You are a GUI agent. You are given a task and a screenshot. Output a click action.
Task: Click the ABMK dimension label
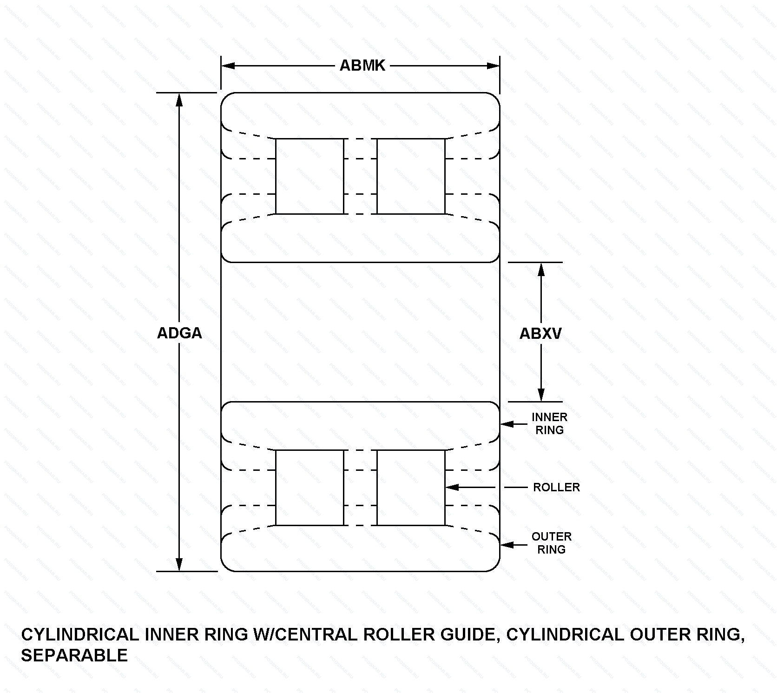(362, 66)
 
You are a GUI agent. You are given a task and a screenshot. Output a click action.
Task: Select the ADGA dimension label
(179, 333)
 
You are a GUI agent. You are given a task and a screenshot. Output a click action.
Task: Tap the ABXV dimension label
(540, 333)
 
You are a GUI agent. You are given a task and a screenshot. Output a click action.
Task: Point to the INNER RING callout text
(549, 423)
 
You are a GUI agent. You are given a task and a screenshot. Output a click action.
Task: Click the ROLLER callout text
(556, 487)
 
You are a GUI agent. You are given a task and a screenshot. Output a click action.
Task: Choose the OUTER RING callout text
(551, 543)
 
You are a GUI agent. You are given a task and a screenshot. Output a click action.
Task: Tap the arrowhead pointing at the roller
(452, 487)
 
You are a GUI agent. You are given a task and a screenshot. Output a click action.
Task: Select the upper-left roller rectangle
(309, 176)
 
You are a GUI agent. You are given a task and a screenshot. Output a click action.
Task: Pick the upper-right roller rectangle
(411, 176)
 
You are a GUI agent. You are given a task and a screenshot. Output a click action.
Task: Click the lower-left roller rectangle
(309, 488)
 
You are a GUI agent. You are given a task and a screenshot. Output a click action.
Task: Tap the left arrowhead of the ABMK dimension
(228, 66)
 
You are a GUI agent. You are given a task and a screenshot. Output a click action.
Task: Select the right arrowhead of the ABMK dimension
(493, 66)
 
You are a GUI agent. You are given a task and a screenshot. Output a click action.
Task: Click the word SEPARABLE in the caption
(74, 655)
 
